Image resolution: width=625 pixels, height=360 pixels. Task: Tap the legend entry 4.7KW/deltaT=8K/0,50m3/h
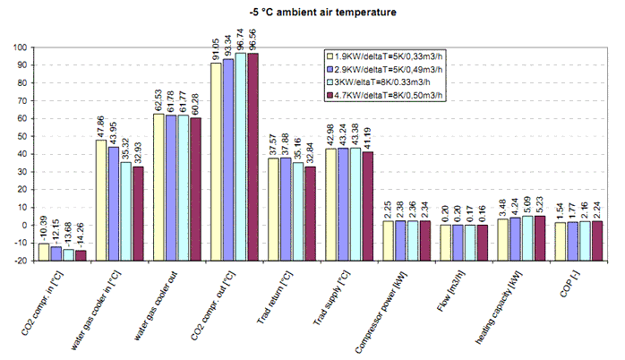(386, 93)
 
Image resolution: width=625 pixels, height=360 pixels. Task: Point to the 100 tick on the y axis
(20, 47)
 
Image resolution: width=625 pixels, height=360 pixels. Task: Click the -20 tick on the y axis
(20, 261)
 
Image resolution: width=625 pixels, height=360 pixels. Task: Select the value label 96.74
(240, 41)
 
